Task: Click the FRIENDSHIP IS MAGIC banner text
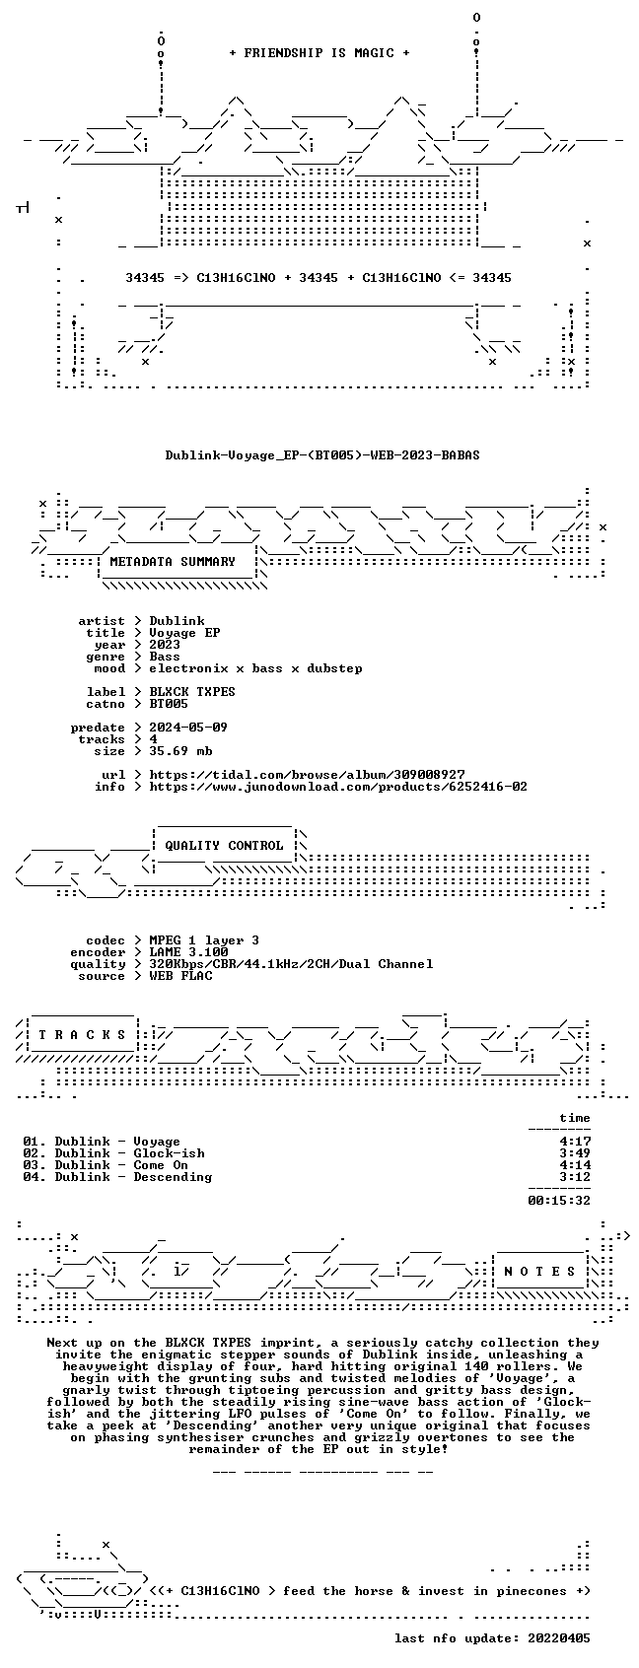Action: point(319,53)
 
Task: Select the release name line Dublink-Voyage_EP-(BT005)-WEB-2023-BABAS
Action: point(322,455)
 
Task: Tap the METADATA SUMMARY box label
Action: point(173,562)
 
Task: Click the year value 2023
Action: point(165,645)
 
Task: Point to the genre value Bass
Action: point(165,657)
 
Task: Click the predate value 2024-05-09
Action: point(188,728)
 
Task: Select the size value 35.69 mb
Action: point(181,751)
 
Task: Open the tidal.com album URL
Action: point(307,775)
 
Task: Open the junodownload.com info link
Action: point(338,787)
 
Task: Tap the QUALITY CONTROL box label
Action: point(224,846)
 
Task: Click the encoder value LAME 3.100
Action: point(188,952)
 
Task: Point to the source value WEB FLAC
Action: point(181,976)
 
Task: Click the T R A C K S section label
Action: point(83,1035)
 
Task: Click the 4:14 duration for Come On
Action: point(575,1165)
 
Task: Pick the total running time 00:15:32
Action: point(559,1201)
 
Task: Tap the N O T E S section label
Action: point(540,1272)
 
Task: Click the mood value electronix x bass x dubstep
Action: point(255,668)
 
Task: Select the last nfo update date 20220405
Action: point(559,1638)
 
